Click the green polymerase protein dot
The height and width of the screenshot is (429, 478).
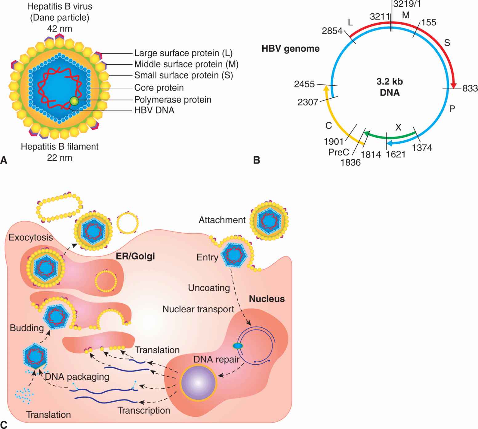[74, 101]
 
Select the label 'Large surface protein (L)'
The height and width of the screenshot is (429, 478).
[183, 53]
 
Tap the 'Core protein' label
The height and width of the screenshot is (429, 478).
[159, 88]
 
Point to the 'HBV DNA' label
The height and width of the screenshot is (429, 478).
[154, 110]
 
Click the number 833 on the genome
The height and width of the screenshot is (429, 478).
[470, 89]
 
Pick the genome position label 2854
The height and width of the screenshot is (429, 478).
[332, 31]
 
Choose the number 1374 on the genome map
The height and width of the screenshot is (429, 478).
[422, 148]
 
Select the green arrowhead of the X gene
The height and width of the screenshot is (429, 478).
[367, 133]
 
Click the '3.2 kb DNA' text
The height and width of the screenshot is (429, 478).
[390, 87]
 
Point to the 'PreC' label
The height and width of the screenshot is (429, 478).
[339, 152]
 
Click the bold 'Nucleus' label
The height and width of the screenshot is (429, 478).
[267, 299]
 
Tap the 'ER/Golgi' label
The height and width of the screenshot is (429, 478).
[135, 256]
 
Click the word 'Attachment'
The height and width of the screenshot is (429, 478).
[222, 220]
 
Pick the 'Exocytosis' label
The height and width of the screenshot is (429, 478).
[31, 238]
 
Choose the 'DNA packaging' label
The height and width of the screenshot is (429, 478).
[77, 376]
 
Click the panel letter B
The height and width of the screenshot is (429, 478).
[256, 160]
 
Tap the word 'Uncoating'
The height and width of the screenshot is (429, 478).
[209, 288]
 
